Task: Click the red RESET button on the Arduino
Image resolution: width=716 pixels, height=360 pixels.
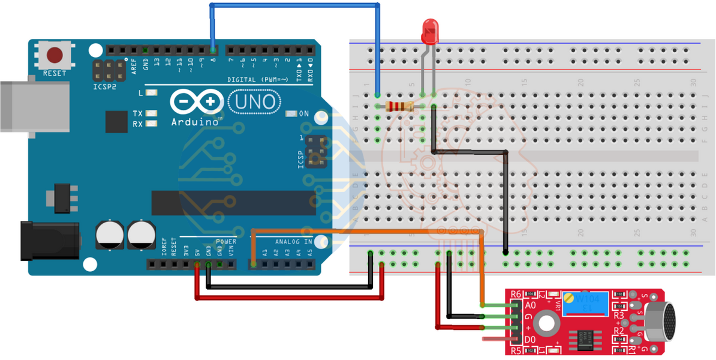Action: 55,56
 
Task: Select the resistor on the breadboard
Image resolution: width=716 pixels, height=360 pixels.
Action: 401,107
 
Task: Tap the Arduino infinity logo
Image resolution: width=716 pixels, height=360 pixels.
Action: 193,102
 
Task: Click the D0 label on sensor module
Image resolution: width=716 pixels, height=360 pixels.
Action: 530,340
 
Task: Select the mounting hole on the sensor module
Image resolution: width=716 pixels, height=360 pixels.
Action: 546,323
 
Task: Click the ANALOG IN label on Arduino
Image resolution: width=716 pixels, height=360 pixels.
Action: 293,242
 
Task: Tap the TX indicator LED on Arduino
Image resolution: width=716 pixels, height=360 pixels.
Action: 151,113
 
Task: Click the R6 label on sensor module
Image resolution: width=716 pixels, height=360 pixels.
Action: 516,294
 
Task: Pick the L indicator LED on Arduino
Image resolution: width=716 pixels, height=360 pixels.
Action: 151,93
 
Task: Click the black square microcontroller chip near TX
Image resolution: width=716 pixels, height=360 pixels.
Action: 116,121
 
